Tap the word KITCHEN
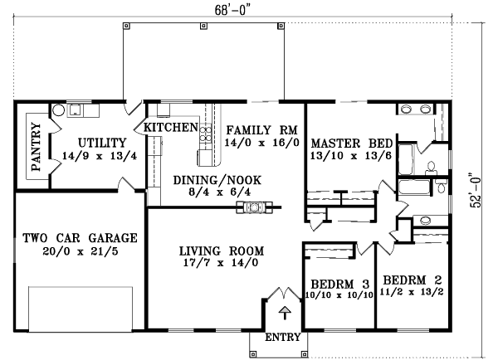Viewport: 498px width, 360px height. [171, 128]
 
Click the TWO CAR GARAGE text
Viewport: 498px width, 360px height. [80, 237]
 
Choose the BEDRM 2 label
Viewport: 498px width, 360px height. [407, 282]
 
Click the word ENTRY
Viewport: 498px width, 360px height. [284, 338]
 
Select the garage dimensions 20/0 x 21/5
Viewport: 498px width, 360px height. [80, 252]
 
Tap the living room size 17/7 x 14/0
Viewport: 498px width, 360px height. [221, 264]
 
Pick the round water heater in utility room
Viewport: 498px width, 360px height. [58, 110]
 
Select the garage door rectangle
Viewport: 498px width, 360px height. [80, 307]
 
